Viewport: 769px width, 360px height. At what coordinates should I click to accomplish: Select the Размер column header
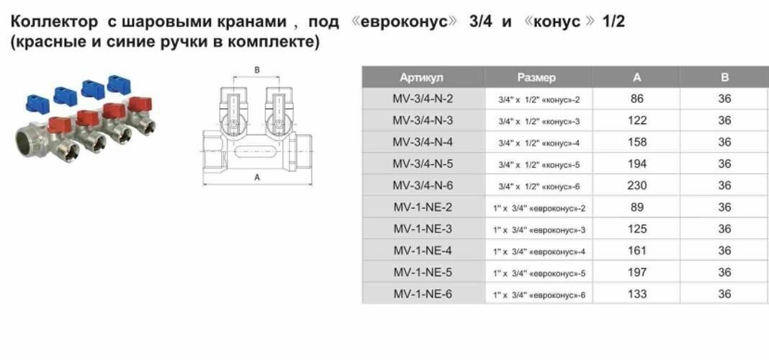tap(536, 77)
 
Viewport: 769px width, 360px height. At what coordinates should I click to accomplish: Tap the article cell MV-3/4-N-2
tap(423, 99)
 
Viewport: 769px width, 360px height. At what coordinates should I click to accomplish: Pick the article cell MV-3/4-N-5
tap(423, 164)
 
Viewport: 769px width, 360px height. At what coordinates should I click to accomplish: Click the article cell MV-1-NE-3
tap(423, 229)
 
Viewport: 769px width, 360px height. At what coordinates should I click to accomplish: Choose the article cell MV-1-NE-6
tap(423, 294)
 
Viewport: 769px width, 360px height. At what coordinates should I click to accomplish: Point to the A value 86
tap(637, 99)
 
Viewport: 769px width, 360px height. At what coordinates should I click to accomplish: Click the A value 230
tap(637, 186)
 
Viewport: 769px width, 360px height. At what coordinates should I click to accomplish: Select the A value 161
tap(637, 251)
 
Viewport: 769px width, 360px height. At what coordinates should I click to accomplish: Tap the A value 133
tap(637, 294)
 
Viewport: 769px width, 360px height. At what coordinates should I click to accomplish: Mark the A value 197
tap(637, 272)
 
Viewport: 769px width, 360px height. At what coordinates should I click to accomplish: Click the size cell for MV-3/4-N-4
tap(539, 143)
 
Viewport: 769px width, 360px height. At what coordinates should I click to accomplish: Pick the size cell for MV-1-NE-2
tap(539, 208)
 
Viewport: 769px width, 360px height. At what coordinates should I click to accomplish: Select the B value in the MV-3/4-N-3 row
tap(724, 120)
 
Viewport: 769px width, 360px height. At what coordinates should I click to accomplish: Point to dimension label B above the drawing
tap(257, 70)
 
